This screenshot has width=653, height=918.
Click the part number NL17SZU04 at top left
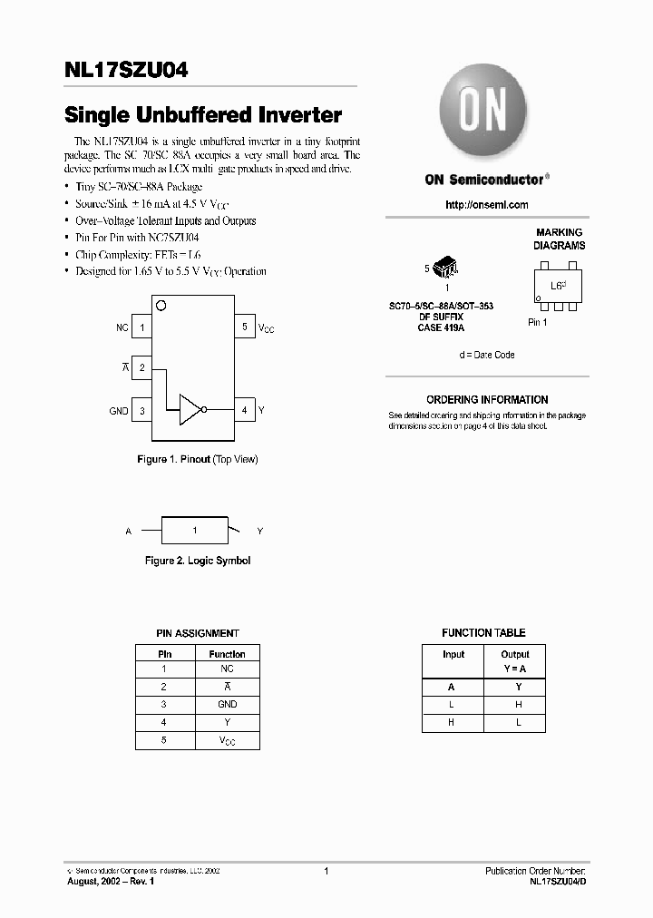[x=126, y=71]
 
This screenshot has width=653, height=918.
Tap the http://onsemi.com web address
[x=486, y=205]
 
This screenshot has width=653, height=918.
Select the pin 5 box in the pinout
[x=244, y=327]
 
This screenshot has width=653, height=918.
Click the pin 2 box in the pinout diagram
[x=142, y=367]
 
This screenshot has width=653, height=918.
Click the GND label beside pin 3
[x=119, y=411]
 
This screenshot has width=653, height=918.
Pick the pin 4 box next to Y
[x=244, y=410]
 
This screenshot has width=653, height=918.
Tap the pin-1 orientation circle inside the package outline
[x=161, y=305]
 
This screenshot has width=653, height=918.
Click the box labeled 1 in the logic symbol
[x=194, y=530]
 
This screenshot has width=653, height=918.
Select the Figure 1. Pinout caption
[x=198, y=460]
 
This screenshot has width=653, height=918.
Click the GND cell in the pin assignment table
[x=227, y=704]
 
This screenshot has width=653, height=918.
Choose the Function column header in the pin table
[x=227, y=654]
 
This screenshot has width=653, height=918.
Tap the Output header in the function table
[x=514, y=654]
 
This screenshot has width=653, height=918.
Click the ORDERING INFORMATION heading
[x=487, y=400]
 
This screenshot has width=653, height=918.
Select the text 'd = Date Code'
[x=486, y=355]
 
